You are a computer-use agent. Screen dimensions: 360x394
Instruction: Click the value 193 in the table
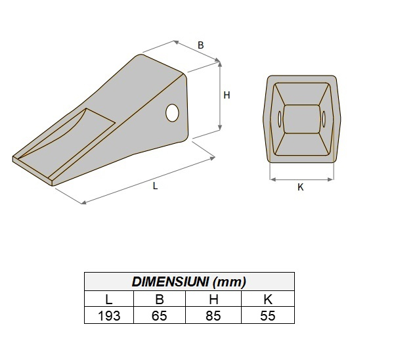click(x=109, y=316)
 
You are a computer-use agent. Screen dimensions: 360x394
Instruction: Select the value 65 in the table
click(x=160, y=316)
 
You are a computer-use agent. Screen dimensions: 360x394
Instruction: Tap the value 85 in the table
click(x=214, y=316)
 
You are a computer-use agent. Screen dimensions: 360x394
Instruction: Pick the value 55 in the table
click(x=267, y=316)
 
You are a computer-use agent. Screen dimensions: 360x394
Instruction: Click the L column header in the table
click(x=109, y=300)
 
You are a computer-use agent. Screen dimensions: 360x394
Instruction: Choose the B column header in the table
click(x=160, y=300)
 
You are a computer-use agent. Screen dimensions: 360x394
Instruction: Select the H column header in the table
click(x=214, y=300)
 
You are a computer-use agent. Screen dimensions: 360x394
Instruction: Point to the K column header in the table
click(x=267, y=300)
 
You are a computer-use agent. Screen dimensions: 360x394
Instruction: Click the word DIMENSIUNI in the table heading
click(x=169, y=282)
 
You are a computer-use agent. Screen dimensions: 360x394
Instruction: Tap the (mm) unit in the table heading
click(x=231, y=282)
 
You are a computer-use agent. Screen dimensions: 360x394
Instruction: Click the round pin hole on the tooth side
click(x=173, y=112)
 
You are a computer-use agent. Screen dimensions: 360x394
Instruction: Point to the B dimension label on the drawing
click(x=200, y=45)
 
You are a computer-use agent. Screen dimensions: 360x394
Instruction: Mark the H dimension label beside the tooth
click(x=227, y=95)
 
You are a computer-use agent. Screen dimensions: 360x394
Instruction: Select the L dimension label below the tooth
click(x=155, y=186)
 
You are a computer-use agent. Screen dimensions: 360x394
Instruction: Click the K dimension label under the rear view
click(x=301, y=187)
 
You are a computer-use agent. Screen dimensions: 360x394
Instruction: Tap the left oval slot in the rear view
click(x=280, y=119)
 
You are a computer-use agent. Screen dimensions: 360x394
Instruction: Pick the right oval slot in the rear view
click(x=324, y=119)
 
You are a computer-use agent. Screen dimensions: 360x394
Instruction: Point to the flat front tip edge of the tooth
click(x=32, y=169)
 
